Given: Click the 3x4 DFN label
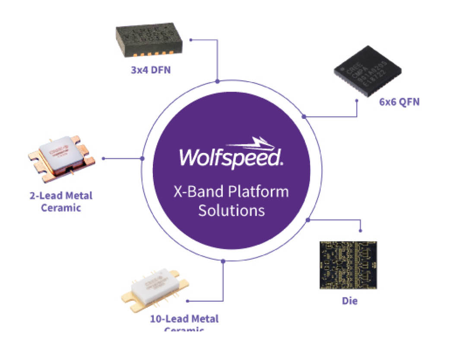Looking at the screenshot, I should (151, 69).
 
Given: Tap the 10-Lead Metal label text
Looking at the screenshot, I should (184, 319).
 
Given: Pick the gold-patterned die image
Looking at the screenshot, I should (348, 265).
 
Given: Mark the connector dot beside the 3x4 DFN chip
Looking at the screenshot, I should (191, 40).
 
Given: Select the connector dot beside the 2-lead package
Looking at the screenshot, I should (103, 159).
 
